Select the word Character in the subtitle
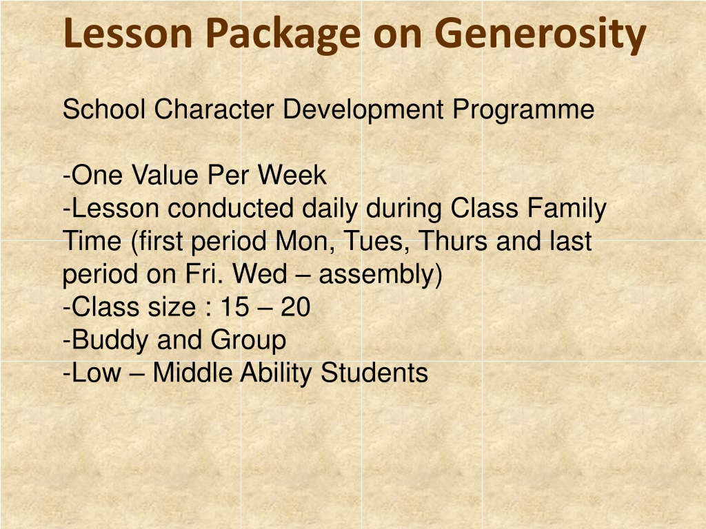[214, 110]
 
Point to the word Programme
[523, 110]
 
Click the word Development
[363, 110]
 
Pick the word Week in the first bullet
[292, 175]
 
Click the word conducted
[230, 208]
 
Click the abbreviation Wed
[260, 274]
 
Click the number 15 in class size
[234, 307]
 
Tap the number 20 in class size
[296, 307]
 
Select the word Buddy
[110, 341]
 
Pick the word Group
[248, 341]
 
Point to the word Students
[374, 373]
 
